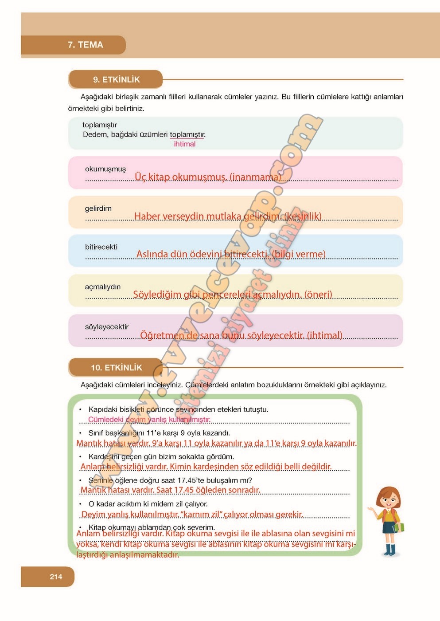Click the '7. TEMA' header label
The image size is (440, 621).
tap(85, 45)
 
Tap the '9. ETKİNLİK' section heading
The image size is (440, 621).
tap(116, 80)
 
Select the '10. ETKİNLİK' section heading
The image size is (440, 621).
tap(116, 368)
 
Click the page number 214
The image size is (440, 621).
tap(56, 577)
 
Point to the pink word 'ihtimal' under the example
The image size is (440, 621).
tap(184, 144)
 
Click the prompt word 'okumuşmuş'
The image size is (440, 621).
tap(105, 169)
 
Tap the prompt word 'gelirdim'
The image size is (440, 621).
tap(98, 208)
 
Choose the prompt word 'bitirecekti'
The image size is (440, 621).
tap(101, 247)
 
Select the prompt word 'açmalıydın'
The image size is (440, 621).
tap(103, 287)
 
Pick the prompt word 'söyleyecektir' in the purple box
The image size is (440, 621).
tap(107, 327)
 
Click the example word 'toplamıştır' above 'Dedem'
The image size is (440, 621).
tap(100, 125)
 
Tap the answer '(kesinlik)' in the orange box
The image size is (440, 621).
tap(303, 216)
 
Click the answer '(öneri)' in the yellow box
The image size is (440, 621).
tap(318, 295)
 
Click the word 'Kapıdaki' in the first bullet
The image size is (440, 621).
tap(103, 409)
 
